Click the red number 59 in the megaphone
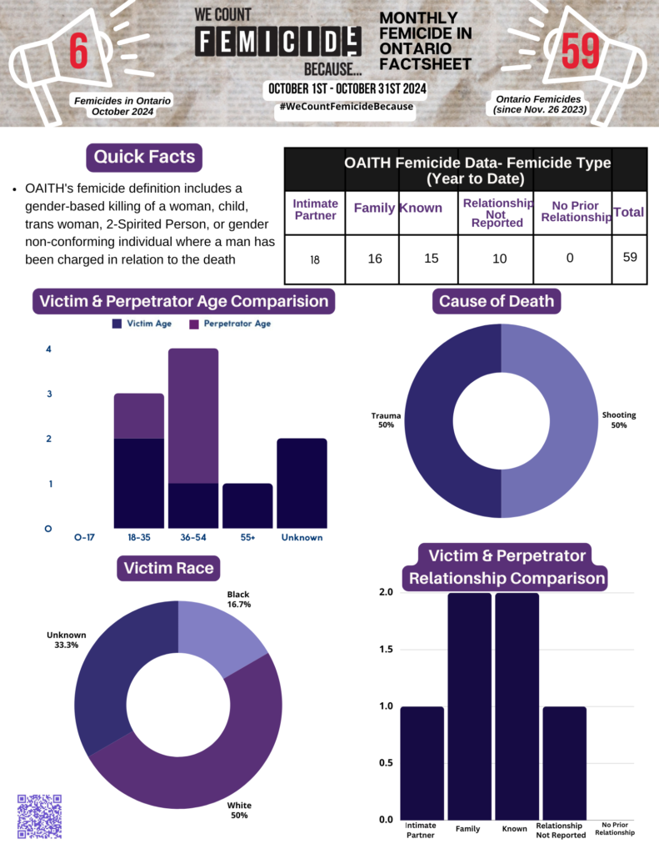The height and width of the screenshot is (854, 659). (580, 51)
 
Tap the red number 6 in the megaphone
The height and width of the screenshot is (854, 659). (78, 51)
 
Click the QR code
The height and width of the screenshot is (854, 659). (39, 816)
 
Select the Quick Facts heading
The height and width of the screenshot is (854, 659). (144, 157)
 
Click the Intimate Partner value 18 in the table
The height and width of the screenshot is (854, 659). (315, 260)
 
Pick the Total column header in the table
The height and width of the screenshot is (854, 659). (628, 212)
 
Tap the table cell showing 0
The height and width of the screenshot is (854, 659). (570, 258)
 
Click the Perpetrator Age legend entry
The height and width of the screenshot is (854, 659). (230, 324)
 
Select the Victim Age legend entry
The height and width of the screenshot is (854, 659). (142, 324)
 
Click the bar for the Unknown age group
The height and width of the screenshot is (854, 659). (302, 483)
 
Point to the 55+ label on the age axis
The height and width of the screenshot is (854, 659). (247, 537)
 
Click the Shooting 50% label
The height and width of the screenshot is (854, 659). (619, 420)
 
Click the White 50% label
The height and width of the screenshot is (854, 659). (239, 810)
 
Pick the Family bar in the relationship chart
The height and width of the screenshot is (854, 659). (470, 706)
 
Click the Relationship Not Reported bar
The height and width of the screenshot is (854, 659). (565, 763)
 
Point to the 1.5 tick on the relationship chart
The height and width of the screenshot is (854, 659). (386, 649)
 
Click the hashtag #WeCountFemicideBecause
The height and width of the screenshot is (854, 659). (347, 106)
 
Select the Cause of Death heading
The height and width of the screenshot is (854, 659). (497, 301)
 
